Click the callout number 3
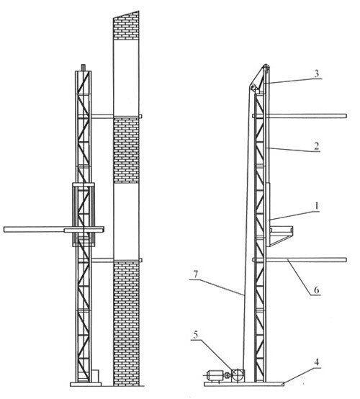coord(317,73)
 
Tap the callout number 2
coord(316,146)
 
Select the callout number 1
coord(317,206)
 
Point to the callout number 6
coord(316,290)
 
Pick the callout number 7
coord(195,275)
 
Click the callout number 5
coord(195,335)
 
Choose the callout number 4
coord(317,362)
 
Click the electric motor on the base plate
coord(215,375)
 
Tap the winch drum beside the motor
coord(238,375)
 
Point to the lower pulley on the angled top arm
coord(253,87)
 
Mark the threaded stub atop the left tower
coord(84,68)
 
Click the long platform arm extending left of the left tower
coord(34,229)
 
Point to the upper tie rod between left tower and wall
coord(102,116)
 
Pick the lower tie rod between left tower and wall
coord(102,260)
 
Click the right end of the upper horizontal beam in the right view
coord(346,116)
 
